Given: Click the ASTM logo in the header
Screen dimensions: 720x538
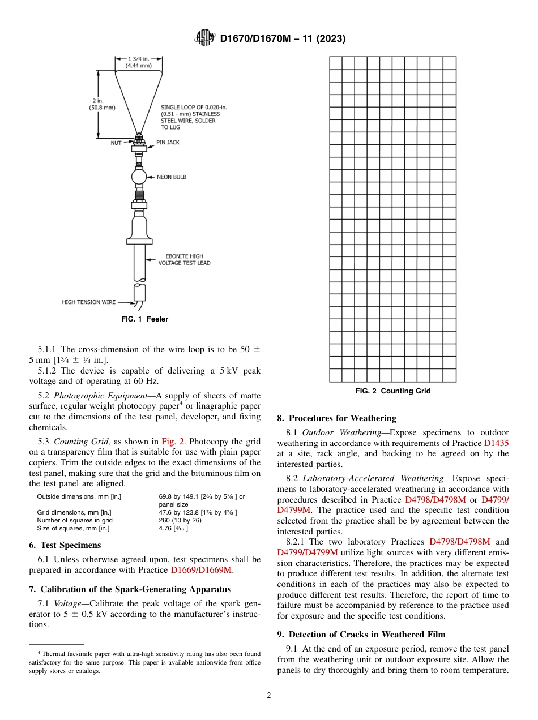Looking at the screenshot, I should [x=204, y=38].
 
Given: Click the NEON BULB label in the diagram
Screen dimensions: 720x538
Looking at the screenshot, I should [x=171, y=177].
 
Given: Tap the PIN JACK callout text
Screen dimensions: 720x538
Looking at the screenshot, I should [x=168, y=143].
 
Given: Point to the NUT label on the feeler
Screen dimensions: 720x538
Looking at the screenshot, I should [x=116, y=143].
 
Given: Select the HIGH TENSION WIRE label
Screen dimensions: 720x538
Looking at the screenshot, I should [x=88, y=302].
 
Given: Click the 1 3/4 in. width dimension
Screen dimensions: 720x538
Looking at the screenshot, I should [x=138, y=62].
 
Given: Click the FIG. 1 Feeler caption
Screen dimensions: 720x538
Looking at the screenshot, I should [x=144, y=319].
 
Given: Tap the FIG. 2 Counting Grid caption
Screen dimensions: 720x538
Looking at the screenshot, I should [x=392, y=391].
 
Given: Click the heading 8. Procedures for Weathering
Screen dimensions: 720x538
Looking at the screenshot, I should [x=336, y=418].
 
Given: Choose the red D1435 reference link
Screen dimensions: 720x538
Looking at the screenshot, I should [x=496, y=443].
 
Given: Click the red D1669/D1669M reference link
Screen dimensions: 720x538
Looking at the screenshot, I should [x=201, y=570].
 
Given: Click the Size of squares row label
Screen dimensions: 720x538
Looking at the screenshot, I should [x=73, y=528].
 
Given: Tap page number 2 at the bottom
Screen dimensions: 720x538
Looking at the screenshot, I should [x=269, y=696].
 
